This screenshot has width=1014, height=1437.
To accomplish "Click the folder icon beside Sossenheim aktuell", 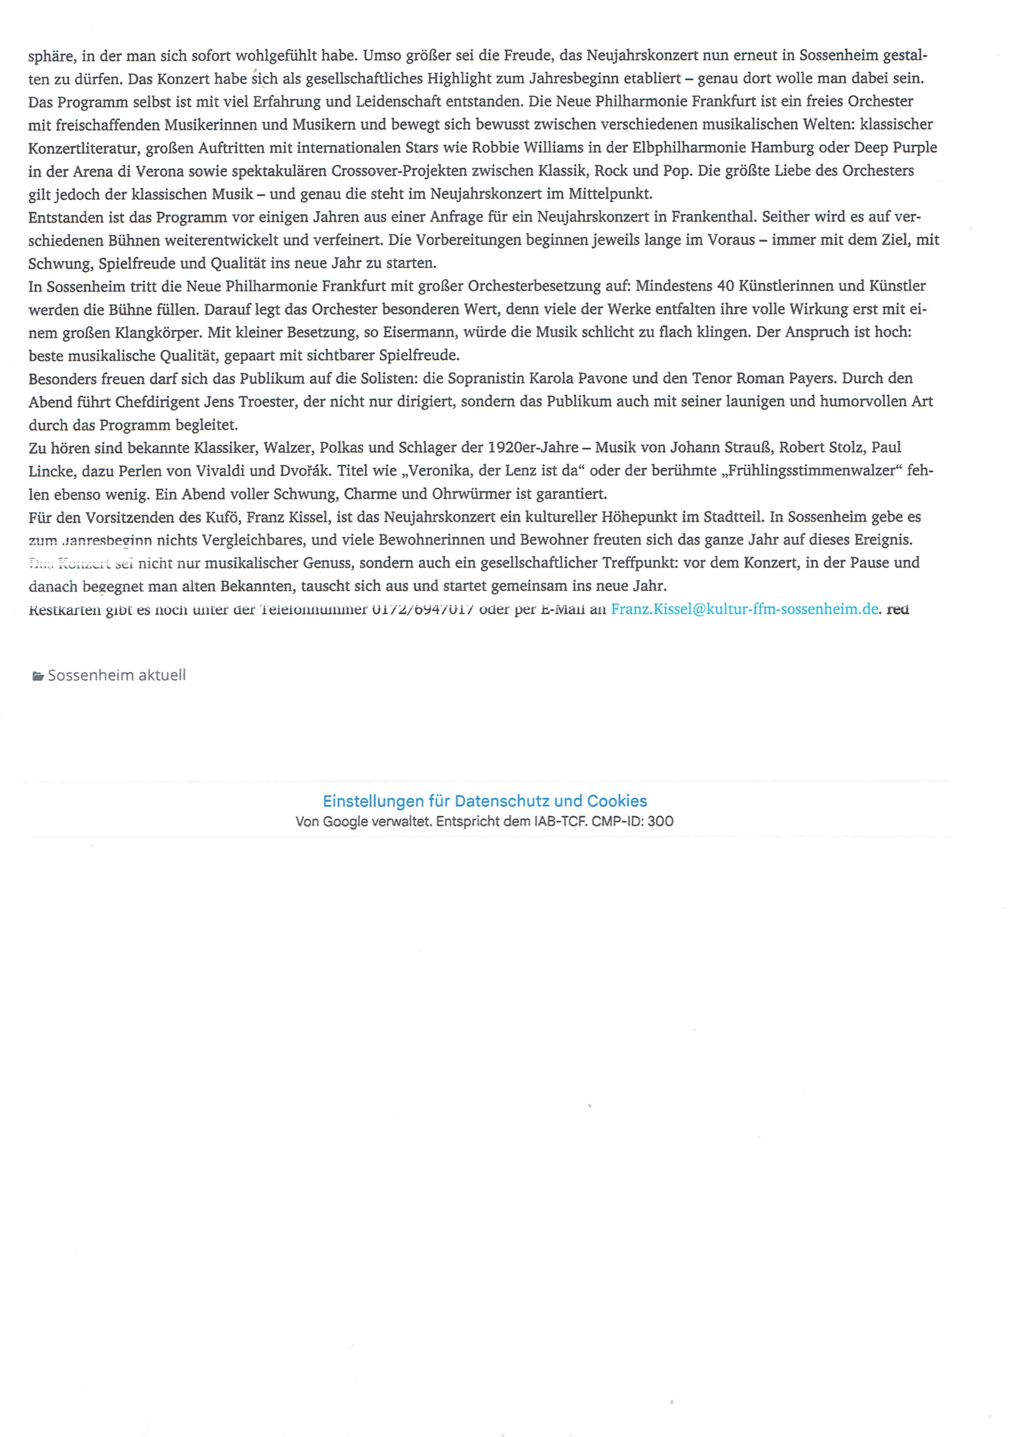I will (x=38, y=675).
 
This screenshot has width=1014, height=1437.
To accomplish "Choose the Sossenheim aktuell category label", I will (x=116, y=675).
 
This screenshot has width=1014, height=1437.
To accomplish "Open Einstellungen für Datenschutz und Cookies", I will (x=485, y=801).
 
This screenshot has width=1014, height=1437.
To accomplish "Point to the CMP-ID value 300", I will (x=661, y=821).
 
